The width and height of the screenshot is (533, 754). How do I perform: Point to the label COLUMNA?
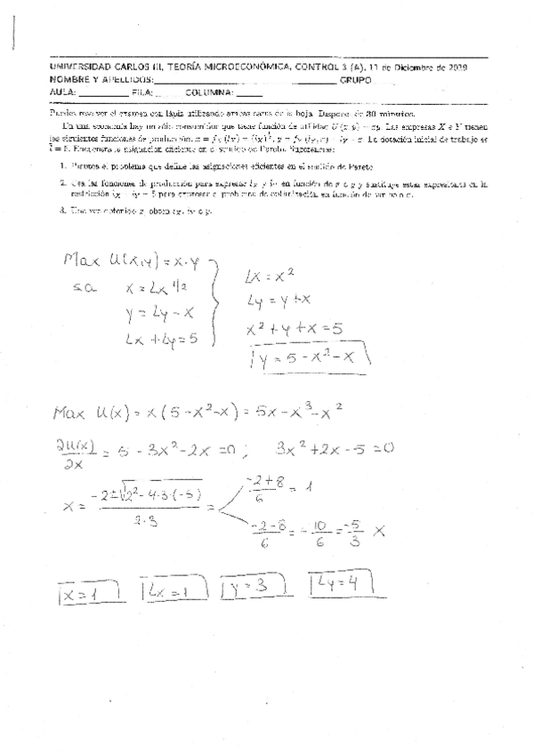coord(209,92)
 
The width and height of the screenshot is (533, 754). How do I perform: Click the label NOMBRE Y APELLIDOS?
coord(101,79)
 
